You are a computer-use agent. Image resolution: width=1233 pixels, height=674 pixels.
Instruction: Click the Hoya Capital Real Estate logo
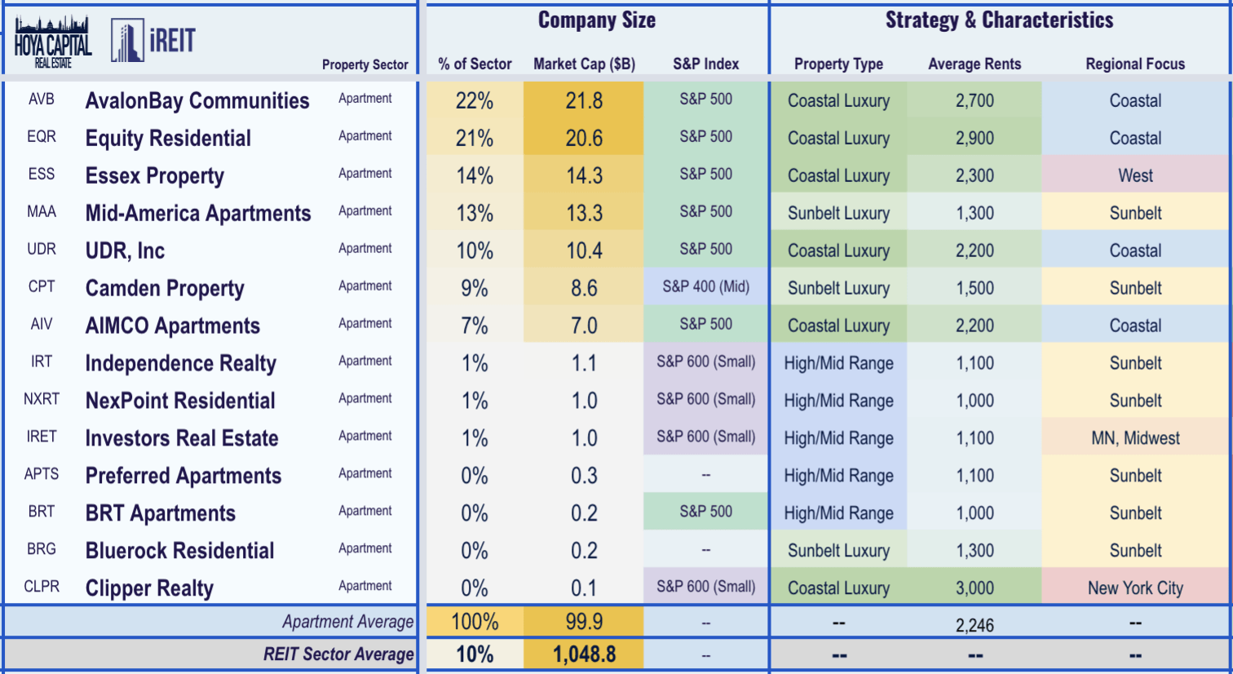click(x=53, y=42)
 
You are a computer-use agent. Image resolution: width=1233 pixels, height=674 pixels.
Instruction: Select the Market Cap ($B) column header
click(x=584, y=64)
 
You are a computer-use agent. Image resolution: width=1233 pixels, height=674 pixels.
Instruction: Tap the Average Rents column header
click(x=974, y=64)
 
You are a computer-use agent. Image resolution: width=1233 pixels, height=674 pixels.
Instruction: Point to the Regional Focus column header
click(x=1135, y=64)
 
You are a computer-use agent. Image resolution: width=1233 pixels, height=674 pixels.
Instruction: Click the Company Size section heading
click(x=596, y=20)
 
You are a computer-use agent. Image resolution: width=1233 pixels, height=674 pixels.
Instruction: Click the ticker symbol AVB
click(x=42, y=100)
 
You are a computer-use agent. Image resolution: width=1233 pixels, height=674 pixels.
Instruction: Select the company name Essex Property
click(x=155, y=175)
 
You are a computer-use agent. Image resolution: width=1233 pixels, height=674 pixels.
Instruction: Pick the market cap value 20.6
click(x=584, y=138)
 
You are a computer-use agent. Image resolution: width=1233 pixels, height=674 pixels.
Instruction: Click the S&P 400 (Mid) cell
click(x=705, y=286)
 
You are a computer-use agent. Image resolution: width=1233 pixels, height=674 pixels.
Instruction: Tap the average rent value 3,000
click(x=974, y=588)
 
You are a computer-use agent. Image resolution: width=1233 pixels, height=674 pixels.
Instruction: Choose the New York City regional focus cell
click(x=1135, y=588)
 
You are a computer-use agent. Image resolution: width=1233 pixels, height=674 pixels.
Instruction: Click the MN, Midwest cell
click(x=1135, y=438)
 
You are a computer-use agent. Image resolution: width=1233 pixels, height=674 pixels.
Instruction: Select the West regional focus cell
click(x=1135, y=175)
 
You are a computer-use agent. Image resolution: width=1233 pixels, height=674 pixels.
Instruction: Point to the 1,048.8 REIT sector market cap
click(x=584, y=654)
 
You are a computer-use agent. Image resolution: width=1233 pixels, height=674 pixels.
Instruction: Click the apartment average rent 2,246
click(x=974, y=625)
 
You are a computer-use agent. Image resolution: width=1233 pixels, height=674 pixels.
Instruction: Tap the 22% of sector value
click(x=475, y=100)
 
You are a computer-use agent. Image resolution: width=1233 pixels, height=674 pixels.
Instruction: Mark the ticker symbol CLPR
click(x=42, y=587)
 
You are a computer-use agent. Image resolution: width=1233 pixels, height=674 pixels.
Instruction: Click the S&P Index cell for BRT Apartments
click(x=705, y=512)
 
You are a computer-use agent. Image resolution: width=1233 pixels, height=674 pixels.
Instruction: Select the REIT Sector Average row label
click(x=338, y=654)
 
